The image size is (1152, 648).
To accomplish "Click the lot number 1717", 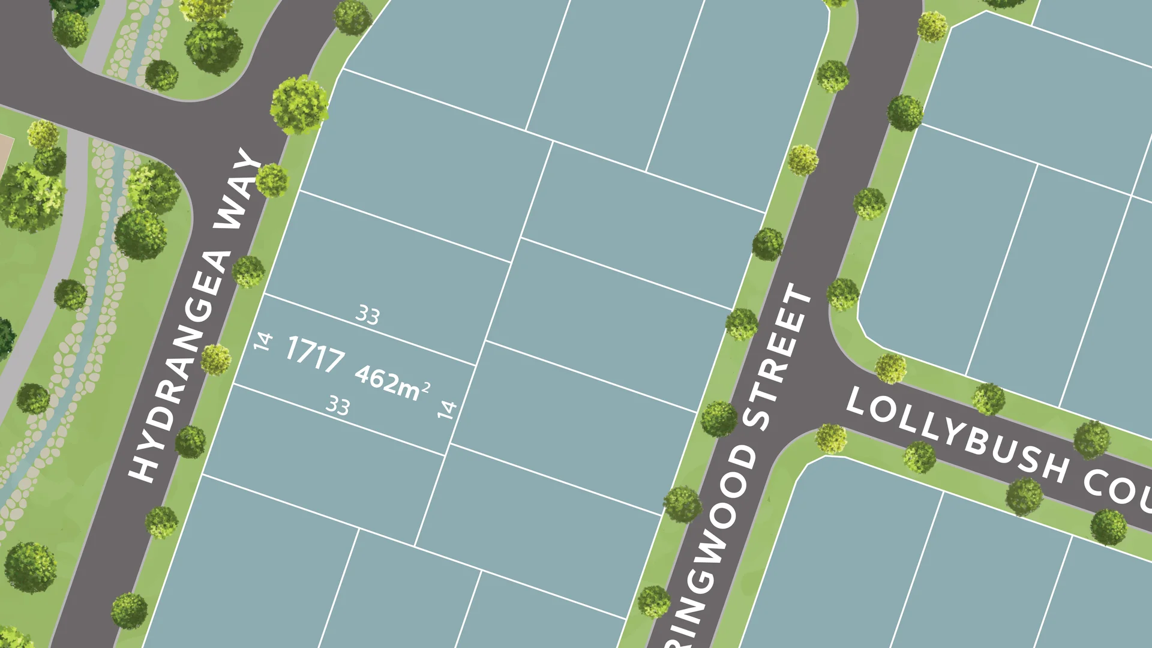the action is (x=315, y=353).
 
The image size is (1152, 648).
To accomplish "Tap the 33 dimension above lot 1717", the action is (x=368, y=315).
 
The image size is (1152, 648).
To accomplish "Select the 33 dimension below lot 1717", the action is (x=338, y=406).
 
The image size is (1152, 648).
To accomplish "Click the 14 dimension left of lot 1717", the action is (x=263, y=341).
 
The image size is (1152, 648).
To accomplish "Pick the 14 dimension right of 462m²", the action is (x=447, y=410).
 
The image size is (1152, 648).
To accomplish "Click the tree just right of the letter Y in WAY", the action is (x=272, y=180).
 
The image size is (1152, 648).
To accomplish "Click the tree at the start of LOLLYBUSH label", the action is (x=831, y=438).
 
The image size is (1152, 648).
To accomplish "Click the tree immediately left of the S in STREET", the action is (x=719, y=418).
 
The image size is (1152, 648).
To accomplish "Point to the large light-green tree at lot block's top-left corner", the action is (x=299, y=104).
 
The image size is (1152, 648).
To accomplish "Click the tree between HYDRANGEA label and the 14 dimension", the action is (x=216, y=359).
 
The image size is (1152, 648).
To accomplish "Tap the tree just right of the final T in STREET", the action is (x=843, y=294).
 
